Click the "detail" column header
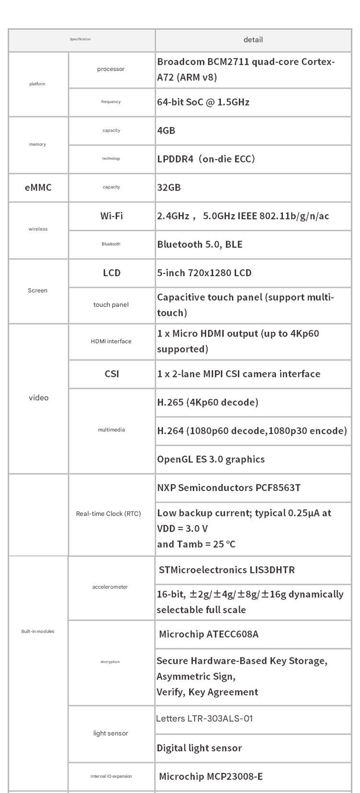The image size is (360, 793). tap(253, 40)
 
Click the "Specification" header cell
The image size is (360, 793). tap(80, 39)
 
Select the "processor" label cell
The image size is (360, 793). tap(111, 69)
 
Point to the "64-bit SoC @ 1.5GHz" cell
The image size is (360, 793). tap(203, 102)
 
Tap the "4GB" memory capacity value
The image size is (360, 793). tap(166, 130)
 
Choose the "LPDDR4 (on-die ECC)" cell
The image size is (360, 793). tap(206, 159)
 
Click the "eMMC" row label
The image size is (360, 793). tap(38, 187)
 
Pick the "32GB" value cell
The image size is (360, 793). tap(169, 187)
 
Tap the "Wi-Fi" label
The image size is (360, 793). tap(111, 216)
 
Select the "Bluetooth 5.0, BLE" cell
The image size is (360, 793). tap(200, 245)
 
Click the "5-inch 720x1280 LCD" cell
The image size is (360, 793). tap(204, 273)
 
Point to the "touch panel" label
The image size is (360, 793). tap(111, 305)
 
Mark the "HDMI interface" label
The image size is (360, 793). tap(111, 341)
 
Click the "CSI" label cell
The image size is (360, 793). tap(112, 374)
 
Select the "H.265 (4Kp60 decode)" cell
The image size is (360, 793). tap(208, 402)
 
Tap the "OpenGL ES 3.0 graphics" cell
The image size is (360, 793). tap(211, 459)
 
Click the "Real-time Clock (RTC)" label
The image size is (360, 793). tap(108, 514)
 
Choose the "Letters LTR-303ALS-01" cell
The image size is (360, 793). tap(204, 719)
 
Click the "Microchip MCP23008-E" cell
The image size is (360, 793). tap(210, 776)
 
